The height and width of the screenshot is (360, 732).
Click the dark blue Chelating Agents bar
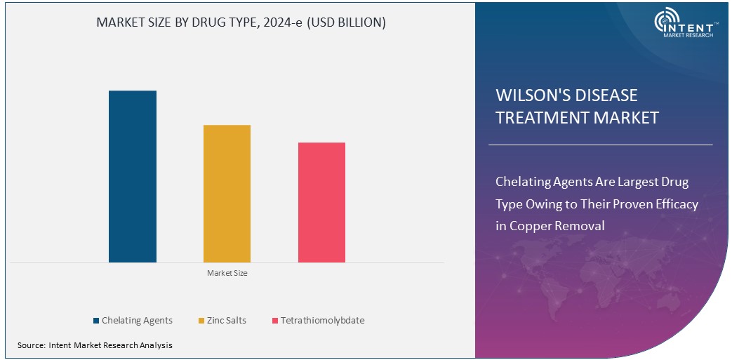click(132, 176)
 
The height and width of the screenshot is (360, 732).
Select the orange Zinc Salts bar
click(227, 194)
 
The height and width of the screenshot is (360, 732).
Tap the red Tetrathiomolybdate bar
click(321, 202)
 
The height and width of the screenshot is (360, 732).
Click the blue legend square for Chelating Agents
click(95, 321)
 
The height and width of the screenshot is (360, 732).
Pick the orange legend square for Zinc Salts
click(201, 321)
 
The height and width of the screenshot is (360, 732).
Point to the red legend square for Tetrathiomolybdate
click(274, 321)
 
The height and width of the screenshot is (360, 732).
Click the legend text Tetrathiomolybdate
click(322, 321)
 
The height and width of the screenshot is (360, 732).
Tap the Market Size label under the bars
click(227, 273)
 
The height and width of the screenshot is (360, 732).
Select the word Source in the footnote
click(31, 345)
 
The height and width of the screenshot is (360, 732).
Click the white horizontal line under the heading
click(600, 145)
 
